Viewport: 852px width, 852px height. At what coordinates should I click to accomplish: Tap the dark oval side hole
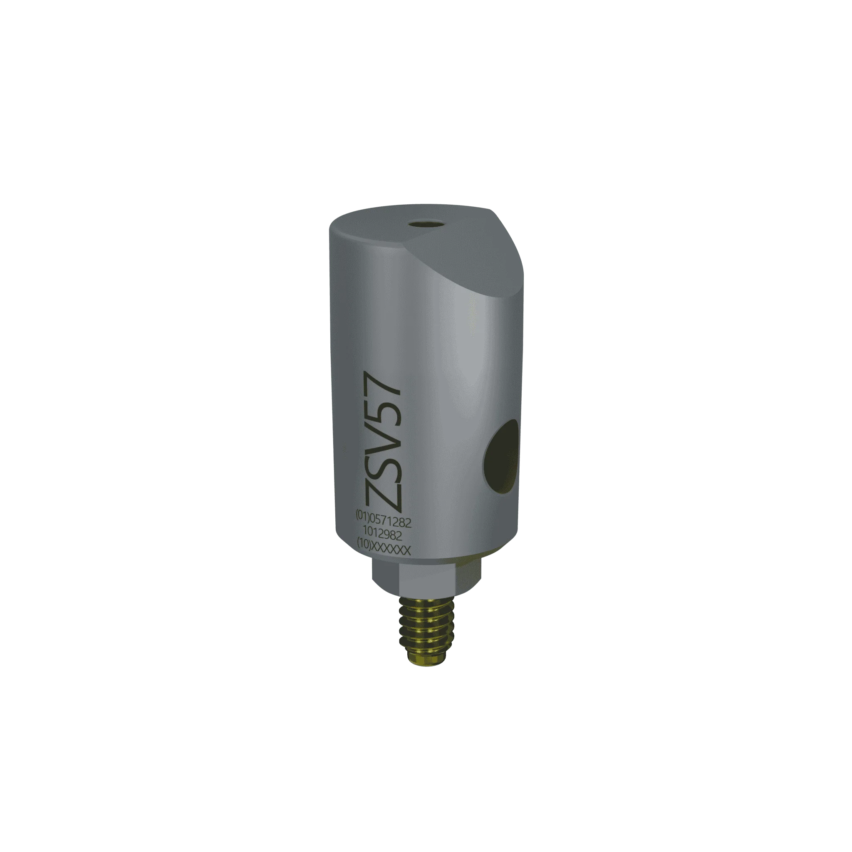coord(502,457)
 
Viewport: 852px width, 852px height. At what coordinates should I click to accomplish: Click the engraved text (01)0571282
coord(383,522)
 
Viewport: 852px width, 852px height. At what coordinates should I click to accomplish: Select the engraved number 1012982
coord(382,535)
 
